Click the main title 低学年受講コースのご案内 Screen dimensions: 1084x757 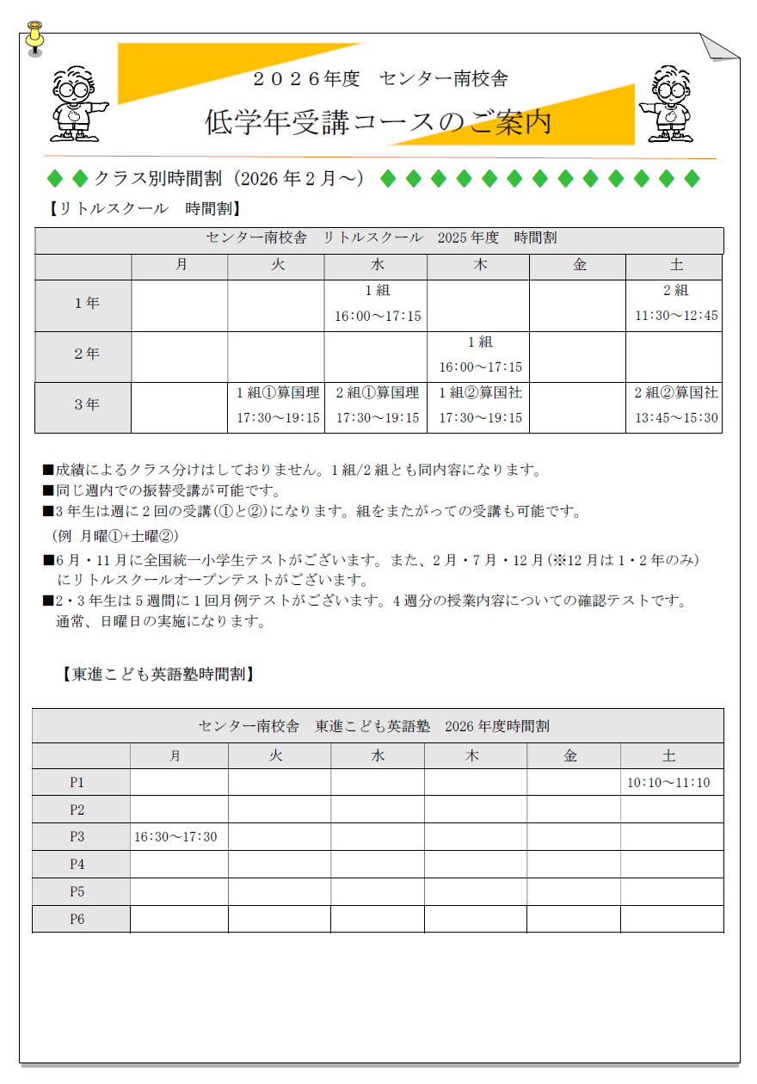[x=378, y=123]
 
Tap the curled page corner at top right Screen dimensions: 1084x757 [x=718, y=46]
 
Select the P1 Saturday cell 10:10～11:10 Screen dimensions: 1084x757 [x=670, y=783]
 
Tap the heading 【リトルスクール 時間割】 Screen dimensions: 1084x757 [x=144, y=208]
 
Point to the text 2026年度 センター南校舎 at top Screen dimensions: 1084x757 [x=379, y=79]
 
